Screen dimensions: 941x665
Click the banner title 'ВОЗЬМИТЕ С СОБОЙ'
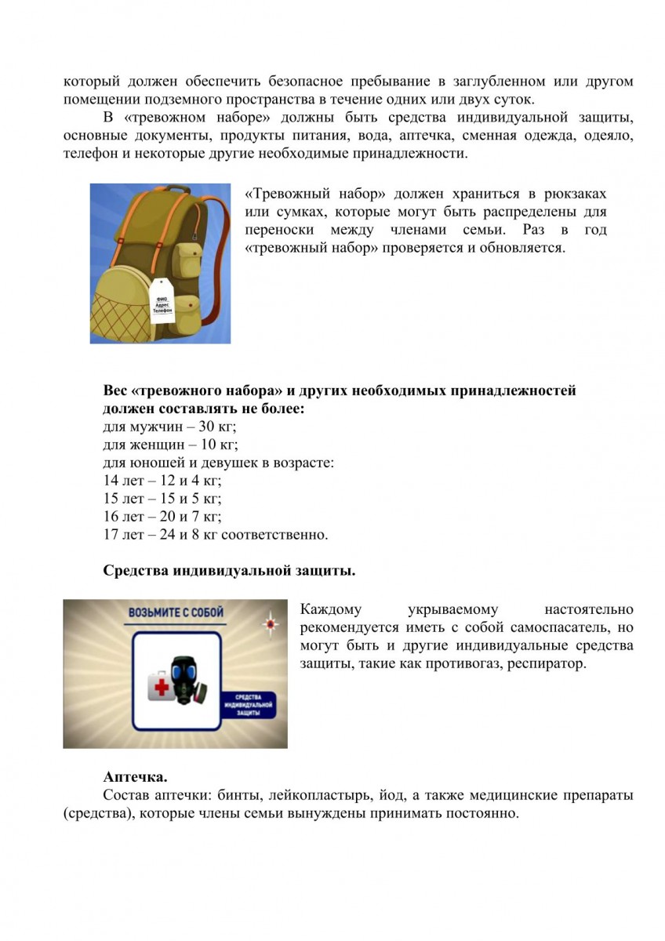[x=176, y=612]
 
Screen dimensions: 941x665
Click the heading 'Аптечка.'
[x=135, y=777]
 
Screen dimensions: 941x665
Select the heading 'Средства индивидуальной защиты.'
[x=229, y=570]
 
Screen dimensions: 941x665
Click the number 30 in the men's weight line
[x=186, y=426]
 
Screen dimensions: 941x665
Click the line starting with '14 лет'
[x=168, y=480]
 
